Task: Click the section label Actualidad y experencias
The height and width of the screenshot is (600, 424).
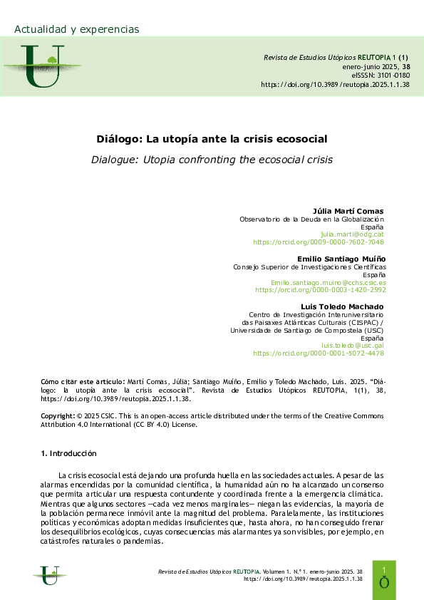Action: tap(77, 29)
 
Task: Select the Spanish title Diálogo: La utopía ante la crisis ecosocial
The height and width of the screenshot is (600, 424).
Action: tap(212, 140)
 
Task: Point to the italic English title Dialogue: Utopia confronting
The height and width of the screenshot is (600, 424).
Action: tap(212, 159)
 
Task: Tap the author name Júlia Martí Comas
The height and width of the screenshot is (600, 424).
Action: tap(348, 212)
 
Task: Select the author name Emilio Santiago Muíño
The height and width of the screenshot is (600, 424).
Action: tap(341, 259)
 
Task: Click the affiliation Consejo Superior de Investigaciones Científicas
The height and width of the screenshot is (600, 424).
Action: tap(309, 267)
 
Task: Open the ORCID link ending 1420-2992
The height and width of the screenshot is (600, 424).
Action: tap(320, 290)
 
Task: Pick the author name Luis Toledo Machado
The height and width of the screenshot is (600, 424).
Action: tap(343, 306)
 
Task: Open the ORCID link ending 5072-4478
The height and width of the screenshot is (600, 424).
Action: tap(319, 353)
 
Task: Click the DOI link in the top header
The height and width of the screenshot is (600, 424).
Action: tap(335, 84)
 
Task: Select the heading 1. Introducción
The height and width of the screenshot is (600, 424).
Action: tap(68, 454)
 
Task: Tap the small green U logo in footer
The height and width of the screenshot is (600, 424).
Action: tap(49, 574)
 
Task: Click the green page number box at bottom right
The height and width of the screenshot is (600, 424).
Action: tap(384, 579)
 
